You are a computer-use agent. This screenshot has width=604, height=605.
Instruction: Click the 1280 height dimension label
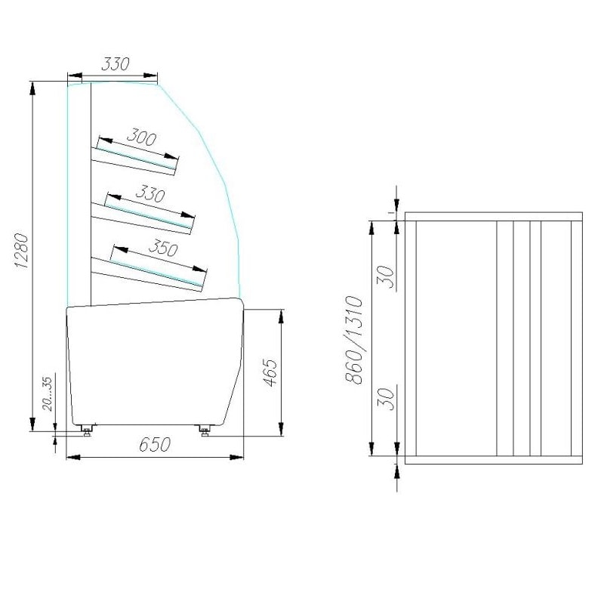(x=21, y=251)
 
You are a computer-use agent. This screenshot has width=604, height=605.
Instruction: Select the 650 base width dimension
(x=155, y=444)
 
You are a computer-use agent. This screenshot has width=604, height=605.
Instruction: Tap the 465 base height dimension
(x=270, y=372)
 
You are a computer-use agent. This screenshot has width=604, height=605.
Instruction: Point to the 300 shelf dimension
(x=141, y=137)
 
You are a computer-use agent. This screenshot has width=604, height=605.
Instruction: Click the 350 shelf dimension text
(x=163, y=248)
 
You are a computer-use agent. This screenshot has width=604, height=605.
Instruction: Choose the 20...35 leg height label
(x=47, y=394)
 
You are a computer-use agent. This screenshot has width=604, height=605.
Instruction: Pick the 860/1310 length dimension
(x=353, y=340)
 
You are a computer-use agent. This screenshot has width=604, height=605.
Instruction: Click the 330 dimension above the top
(x=116, y=64)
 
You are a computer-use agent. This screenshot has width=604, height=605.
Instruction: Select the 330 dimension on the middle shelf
(x=150, y=193)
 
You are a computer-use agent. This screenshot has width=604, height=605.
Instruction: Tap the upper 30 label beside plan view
(x=386, y=276)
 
